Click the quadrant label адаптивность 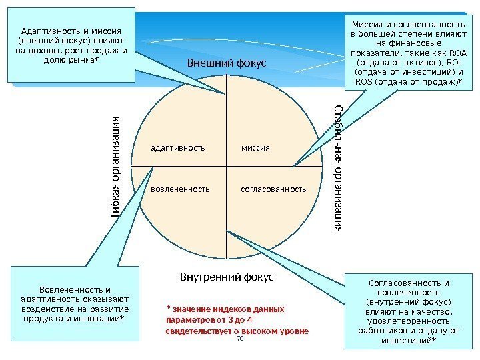(x=178, y=147)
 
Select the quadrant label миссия (x=256, y=147)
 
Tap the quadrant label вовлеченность (x=180, y=189)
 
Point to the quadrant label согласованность (x=273, y=189)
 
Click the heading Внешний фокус (x=226, y=63)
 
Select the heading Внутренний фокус (x=227, y=276)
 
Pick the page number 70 (x=240, y=339)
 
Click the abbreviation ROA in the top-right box (x=458, y=53)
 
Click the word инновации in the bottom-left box (x=100, y=318)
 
